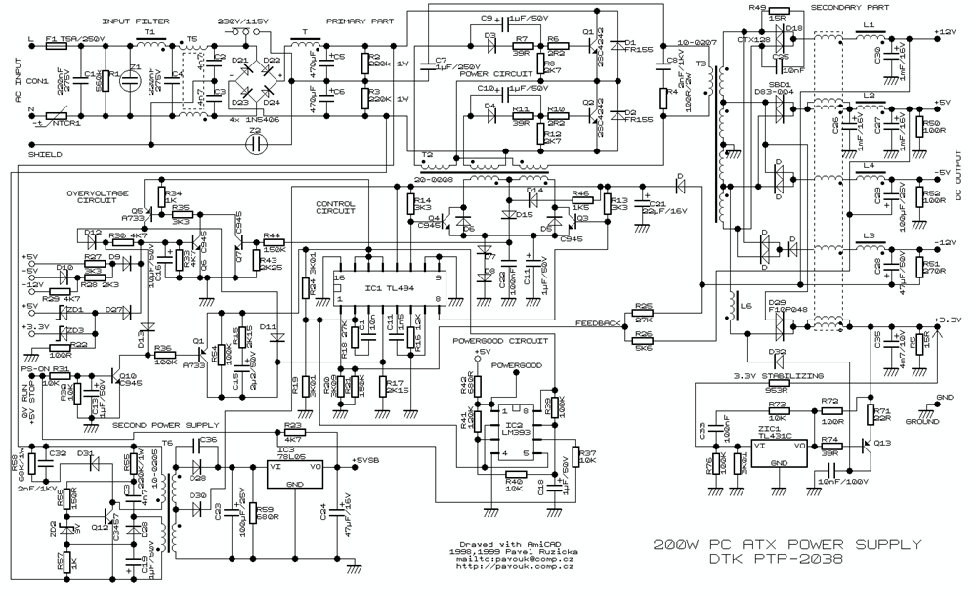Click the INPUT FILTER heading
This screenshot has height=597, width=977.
(x=132, y=21)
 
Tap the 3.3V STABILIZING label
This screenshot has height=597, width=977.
(x=782, y=375)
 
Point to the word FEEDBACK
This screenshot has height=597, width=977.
(x=597, y=321)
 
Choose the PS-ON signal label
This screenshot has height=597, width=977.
(x=35, y=369)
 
